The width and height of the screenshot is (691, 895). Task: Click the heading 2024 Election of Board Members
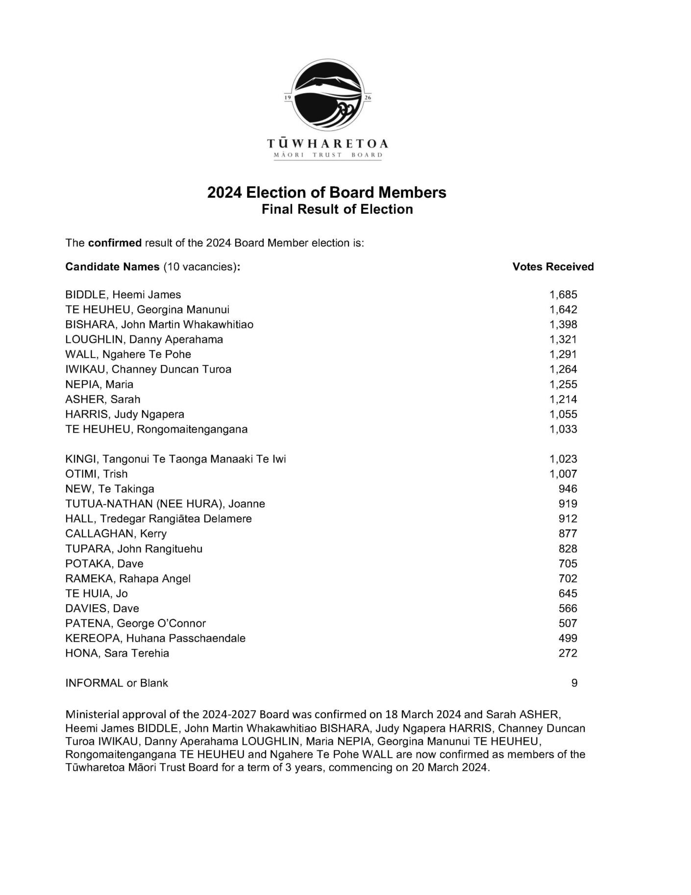tap(326, 192)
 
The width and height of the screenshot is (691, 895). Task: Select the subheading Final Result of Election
tap(337, 209)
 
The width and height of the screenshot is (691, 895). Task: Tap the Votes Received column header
tap(553, 267)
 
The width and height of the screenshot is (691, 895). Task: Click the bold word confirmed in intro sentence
tap(115, 243)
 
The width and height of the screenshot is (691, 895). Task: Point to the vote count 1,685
tap(563, 295)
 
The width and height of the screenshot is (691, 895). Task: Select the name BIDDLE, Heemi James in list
tap(123, 295)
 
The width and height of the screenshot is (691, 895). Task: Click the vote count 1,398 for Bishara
tap(563, 325)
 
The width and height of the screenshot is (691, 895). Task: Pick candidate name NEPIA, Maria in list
tap(99, 384)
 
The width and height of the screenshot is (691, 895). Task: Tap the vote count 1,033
tap(563, 429)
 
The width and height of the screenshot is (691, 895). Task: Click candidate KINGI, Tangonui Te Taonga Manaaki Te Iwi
tap(175, 459)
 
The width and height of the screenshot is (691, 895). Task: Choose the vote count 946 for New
tap(568, 489)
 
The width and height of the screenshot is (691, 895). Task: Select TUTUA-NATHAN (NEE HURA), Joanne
tap(165, 504)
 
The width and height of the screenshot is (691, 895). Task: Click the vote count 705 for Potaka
tap(568, 563)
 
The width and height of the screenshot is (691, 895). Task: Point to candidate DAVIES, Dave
tap(102, 609)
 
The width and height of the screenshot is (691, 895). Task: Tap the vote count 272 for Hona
tap(568, 653)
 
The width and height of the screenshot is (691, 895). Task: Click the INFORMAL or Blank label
tap(117, 683)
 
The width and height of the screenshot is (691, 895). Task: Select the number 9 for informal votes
tap(574, 683)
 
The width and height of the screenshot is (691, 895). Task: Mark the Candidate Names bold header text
tap(112, 267)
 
